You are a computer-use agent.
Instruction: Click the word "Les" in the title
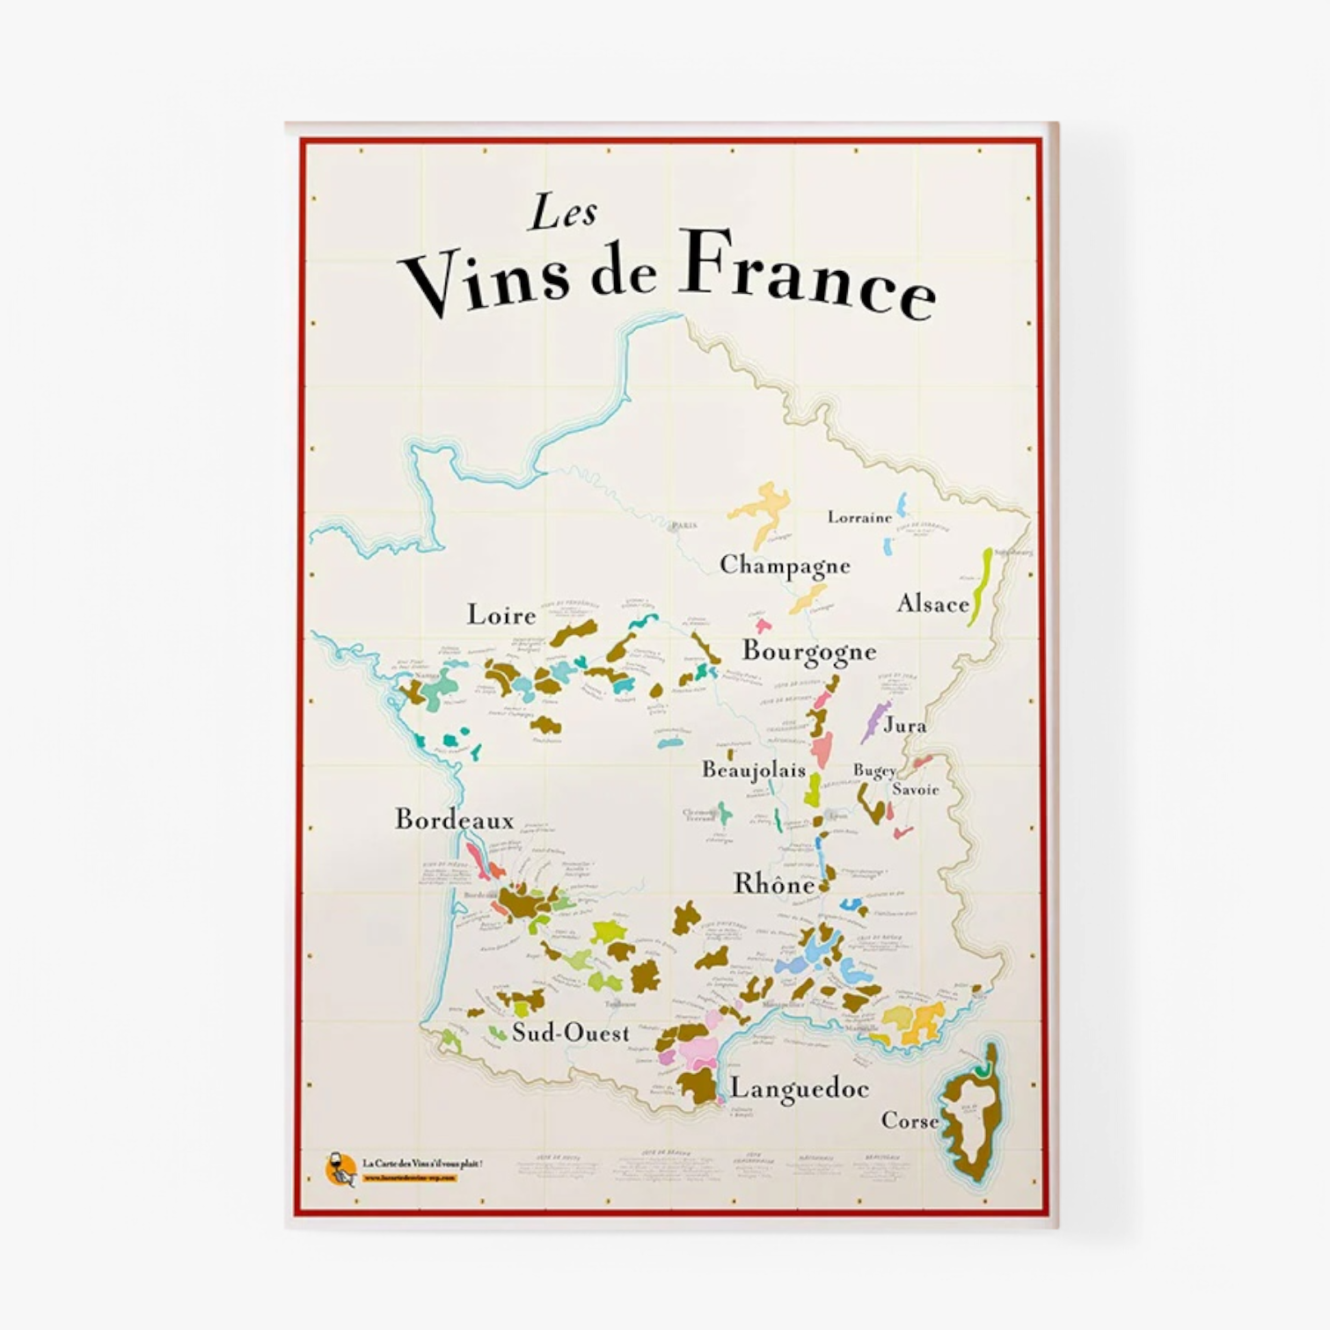coord(563,213)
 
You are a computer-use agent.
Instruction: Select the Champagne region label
coord(785,566)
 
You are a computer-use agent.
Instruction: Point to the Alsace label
coord(932,604)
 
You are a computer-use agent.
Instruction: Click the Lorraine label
coord(859,518)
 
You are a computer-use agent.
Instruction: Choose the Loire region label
coord(501,615)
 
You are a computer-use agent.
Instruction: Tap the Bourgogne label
coord(809,652)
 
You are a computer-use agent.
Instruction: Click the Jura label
coord(904,726)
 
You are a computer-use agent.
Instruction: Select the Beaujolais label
coord(753,771)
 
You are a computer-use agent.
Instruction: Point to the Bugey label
coord(874,771)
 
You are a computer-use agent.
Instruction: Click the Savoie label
coord(916,790)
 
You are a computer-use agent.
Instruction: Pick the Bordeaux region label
coord(454,820)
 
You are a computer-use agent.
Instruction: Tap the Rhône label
coord(774,884)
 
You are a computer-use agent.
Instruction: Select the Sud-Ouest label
coord(571,1034)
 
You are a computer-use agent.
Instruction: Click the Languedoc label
coord(799,1089)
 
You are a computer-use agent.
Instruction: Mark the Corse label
coord(910,1122)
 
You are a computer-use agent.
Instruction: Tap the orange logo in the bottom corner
coord(340,1169)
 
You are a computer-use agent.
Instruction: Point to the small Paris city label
coord(683,526)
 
